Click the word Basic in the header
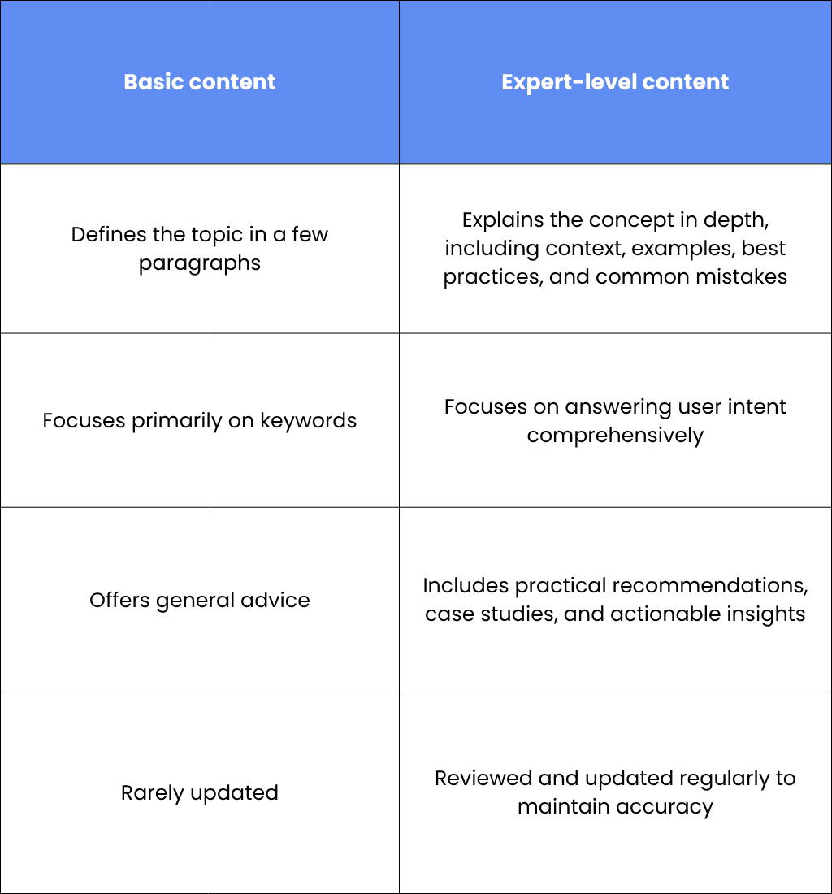tap(154, 82)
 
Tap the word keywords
tap(308, 421)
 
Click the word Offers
tap(119, 600)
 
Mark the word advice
tap(275, 600)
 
